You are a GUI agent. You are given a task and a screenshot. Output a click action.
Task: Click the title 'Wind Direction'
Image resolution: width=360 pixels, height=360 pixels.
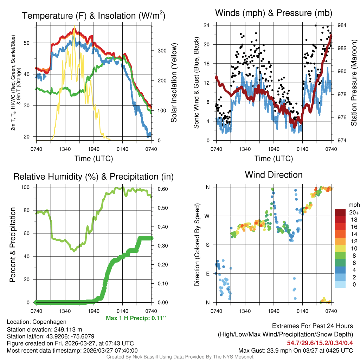tap(274, 175)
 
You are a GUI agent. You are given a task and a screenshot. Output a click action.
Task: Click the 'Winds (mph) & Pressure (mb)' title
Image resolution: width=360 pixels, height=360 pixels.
tap(274, 13)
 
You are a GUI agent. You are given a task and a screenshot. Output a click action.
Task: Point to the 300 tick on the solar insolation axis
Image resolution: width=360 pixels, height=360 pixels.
tap(161, 51)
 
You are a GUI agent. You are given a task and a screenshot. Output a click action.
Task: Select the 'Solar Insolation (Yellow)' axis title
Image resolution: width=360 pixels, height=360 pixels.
tap(174, 83)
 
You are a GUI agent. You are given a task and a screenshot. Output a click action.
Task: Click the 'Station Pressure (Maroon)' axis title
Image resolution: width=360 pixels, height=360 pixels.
tap(354, 83)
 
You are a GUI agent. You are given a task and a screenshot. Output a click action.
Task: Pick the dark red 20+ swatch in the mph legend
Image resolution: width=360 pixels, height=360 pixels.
tap(340, 213)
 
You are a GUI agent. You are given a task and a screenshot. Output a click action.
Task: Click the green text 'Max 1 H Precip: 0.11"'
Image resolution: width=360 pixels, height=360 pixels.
tap(136, 318)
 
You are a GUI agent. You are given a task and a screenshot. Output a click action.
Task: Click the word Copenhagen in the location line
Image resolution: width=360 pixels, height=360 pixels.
tap(49, 322)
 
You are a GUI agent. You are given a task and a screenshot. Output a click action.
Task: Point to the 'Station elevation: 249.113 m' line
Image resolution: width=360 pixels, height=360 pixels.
tap(44, 329)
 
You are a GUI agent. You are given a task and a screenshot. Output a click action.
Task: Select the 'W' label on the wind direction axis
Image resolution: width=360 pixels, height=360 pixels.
tap(208, 216)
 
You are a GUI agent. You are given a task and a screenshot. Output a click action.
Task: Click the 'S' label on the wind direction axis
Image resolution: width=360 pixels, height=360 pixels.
tap(208, 245)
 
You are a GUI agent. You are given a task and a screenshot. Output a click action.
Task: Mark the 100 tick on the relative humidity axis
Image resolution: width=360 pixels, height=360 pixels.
tap(30, 187)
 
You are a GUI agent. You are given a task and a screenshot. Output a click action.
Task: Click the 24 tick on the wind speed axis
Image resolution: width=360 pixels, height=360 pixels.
tap(207, 25)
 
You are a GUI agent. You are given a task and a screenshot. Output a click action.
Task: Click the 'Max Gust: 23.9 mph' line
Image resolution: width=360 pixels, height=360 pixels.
tap(295, 350)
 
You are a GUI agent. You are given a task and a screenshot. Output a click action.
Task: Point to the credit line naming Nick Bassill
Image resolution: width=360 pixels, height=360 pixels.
tap(180, 357)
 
